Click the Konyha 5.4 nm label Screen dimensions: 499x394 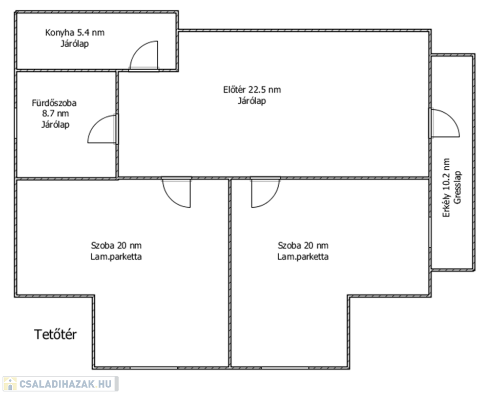click(x=75, y=32)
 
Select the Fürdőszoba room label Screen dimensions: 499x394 click(x=54, y=103)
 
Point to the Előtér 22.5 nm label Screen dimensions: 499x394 click(x=252, y=90)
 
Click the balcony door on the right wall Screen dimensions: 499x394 click(x=444, y=123)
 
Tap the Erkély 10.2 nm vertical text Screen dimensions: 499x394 click(x=447, y=188)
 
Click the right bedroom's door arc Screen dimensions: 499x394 click(x=272, y=200)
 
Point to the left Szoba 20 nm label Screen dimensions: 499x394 click(x=116, y=245)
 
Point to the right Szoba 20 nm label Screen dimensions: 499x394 click(x=303, y=245)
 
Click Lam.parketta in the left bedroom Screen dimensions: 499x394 click(x=116, y=257)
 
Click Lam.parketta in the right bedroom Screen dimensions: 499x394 click(x=303, y=257)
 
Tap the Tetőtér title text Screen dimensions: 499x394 click(x=55, y=334)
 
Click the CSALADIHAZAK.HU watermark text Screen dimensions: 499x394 click(x=66, y=384)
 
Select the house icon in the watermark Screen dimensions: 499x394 click(x=10, y=383)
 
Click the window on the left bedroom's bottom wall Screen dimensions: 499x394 click(x=154, y=368)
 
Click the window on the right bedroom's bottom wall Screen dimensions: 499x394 click(x=285, y=368)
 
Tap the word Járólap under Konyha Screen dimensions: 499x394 click(x=75, y=44)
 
